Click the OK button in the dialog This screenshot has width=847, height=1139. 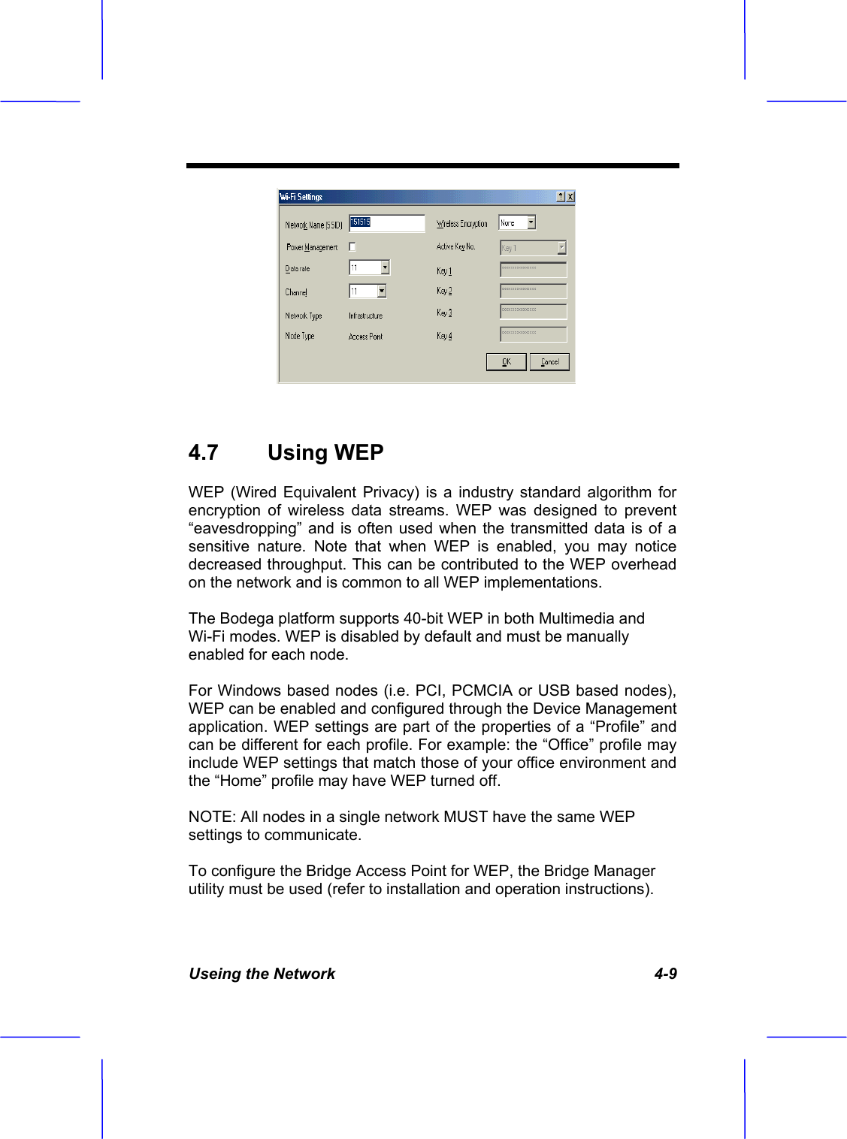pyautogui.click(x=506, y=362)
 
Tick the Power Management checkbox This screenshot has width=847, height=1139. pyautogui.click(x=352, y=246)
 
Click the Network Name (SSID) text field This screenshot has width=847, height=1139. pyautogui.click(x=387, y=223)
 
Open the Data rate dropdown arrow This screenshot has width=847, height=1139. pyautogui.click(x=385, y=267)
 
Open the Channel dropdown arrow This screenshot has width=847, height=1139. pyautogui.click(x=382, y=291)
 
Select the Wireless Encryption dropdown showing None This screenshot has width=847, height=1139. pyautogui.click(x=517, y=223)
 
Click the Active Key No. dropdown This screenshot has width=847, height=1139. pyautogui.click(x=533, y=247)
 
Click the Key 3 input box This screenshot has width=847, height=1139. pyautogui.click(x=533, y=311)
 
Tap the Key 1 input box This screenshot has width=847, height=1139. pyautogui.click(x=533, y=269)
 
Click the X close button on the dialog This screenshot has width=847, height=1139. pyautogui.click(x=570, y=197)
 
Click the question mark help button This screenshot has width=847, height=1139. pyautogui.click(x=561, y=197)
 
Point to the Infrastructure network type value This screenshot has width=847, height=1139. pyautogui.click(x=365, y=316)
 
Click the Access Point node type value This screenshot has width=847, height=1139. pyautogui.click(x=365, y=337)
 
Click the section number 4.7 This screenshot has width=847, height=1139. pyautogui.click(x=204, y=452)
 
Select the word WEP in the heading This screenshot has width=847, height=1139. pyautogui.click(x=358, y=452)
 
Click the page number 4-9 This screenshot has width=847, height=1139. pyautogui.click(x=665, y=974)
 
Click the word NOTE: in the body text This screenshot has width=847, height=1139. pyautogui.click(x=212, y=817)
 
